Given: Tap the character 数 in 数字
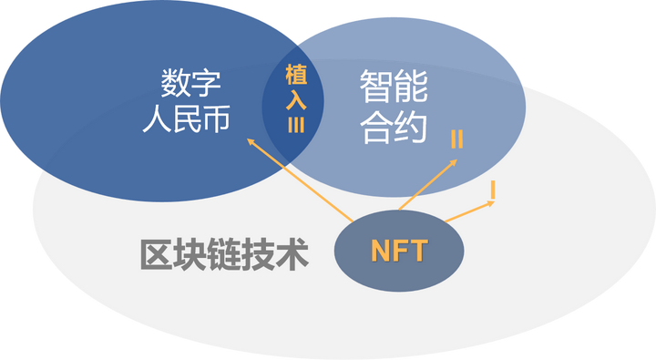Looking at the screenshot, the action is click(179, 86).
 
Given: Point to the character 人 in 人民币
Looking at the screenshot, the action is click(155, 120).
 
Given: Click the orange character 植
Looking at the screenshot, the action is click(296, 76).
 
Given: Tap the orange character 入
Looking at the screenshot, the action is click(296, 100).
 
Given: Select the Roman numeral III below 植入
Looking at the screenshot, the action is click(296, 125).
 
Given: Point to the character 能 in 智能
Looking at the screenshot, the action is click(412, 87).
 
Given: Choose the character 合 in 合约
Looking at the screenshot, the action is click(375, 126).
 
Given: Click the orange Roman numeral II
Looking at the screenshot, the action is click(456, 140).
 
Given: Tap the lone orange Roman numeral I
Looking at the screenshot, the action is click(492, 190).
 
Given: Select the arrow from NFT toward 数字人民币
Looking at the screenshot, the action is click(301, 180).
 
